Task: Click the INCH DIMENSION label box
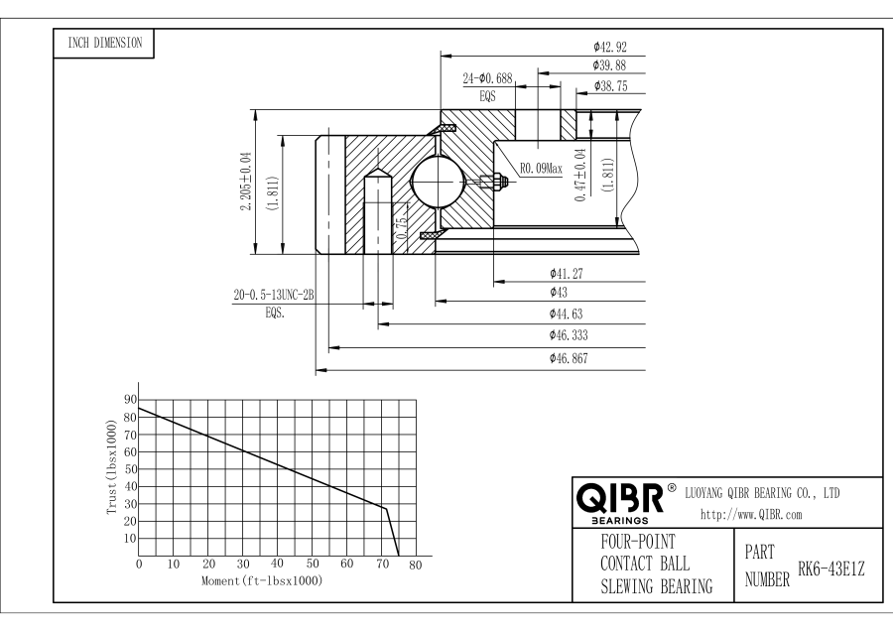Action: point(104,43)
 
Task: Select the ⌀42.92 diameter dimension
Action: point(610,46)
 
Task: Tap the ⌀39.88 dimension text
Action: point(610,65)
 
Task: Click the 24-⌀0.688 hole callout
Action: point(490,78)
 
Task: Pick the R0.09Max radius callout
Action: point(541,169)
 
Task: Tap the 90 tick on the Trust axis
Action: point(129,399)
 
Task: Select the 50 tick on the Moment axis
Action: point(312,565)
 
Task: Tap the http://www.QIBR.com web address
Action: point(751,514)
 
